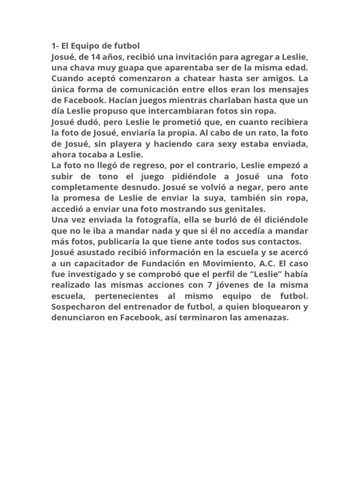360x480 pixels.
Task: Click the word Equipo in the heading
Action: pos(88,46)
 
